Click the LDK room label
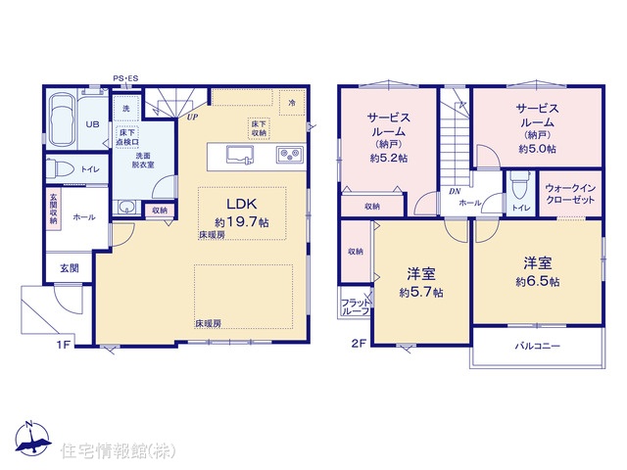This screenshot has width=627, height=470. click(242, 205)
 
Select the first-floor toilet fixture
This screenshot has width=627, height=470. click(59, 168)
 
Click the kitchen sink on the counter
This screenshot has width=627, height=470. click(240, 155)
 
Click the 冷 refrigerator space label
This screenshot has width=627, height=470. click(292, 103)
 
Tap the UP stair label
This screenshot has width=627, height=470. click(193, 117)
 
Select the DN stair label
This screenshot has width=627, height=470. click(455, 192)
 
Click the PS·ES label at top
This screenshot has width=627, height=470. click(125, 78)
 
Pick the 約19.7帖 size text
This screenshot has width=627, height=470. click(242, 221)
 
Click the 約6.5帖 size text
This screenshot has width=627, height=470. click(538, 281)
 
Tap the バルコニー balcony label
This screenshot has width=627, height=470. click(538, 346)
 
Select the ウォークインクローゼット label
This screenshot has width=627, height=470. click(570, 194)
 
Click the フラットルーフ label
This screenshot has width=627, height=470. click(355, 306)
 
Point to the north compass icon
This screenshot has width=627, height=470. click(32, 438)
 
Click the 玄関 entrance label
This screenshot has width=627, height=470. click(70, 268)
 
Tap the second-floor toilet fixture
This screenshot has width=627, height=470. click(519, 185)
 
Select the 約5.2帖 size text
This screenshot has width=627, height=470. click(389, 159)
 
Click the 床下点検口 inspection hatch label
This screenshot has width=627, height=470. click(127, 137)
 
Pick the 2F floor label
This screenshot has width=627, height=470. click(360, 344)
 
